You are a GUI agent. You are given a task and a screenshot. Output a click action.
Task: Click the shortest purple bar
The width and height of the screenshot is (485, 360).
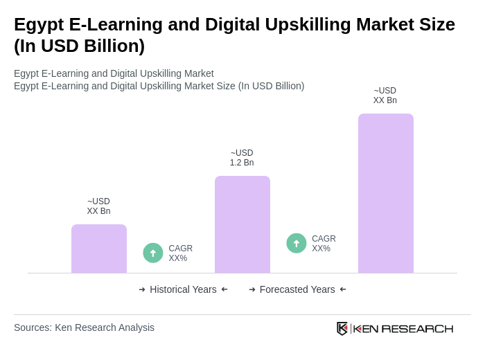coord(99,249)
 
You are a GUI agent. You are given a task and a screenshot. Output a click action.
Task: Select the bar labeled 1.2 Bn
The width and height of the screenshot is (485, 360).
coord(242,224)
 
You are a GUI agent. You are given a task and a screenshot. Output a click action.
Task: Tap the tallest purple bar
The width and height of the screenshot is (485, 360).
coord(386,193)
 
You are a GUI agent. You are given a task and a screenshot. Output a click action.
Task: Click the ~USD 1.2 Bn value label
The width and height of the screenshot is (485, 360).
coord(242,158)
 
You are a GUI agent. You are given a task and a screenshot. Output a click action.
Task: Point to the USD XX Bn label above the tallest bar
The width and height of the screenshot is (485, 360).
coord(385,96)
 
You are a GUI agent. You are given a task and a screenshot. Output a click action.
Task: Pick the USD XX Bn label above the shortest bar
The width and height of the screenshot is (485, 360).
coord(98,206)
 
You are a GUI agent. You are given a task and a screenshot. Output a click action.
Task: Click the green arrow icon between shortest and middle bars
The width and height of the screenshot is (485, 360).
coord(153,253)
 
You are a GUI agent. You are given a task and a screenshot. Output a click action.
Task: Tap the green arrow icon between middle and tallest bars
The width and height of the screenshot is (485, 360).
coord(297,243)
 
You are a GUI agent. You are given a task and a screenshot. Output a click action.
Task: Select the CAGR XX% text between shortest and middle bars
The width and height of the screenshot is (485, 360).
coord(180,253)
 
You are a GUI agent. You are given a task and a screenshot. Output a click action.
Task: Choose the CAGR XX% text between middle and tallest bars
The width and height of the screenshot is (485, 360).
coord(324,244)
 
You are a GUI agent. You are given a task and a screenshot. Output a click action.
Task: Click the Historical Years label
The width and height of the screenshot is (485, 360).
coord(183,289)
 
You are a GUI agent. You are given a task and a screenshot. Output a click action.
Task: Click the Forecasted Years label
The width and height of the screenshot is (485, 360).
coord(297,289)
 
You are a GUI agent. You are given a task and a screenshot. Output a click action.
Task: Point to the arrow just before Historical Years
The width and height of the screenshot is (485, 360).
coord(142,289)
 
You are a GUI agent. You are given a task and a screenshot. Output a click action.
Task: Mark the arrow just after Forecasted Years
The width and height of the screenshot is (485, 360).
coord(343,289)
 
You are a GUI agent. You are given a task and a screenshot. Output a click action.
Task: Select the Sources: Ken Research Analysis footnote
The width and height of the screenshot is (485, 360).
coord(84,327)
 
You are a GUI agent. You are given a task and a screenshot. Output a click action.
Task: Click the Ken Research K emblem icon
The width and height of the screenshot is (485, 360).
coord(342,328)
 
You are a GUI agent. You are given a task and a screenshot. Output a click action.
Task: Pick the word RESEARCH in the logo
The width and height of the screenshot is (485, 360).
coord(417,328)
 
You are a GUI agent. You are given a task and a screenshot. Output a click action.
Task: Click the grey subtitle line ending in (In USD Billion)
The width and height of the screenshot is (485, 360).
coord(159,86)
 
